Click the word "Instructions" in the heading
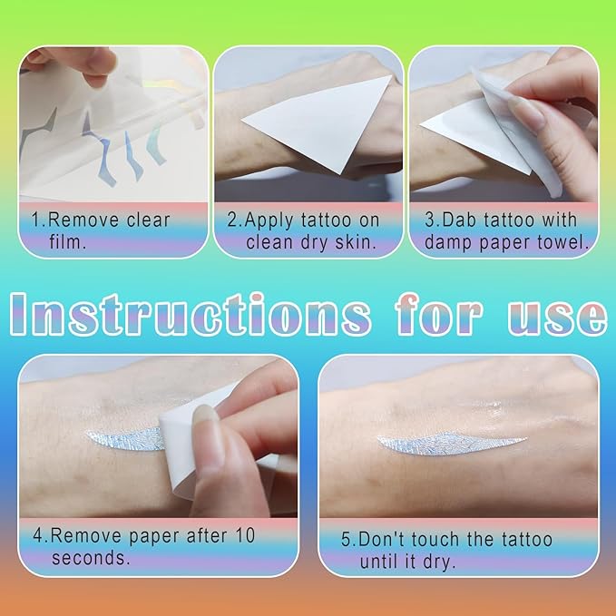(190, 315)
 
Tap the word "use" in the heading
(556, 317)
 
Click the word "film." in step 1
(67, 242)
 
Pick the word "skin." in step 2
(356, 242)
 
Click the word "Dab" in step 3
(459, 220)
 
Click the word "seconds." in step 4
(91, 558)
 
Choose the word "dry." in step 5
(439, 562)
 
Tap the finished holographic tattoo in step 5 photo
(451, 444)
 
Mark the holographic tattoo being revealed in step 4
(126, 438)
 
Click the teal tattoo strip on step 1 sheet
(156, 144)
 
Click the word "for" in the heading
(438, 314)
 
